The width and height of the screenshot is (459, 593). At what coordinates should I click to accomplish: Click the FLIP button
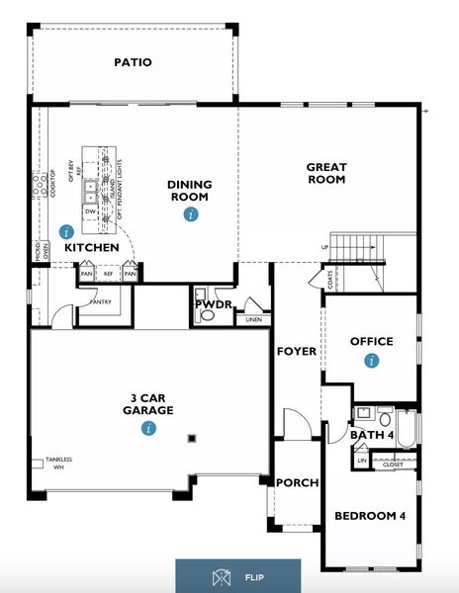pyautogui.click(x=237, y=575)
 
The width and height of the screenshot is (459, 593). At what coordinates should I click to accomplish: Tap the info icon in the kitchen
pyautogui.click(x=67, y=230)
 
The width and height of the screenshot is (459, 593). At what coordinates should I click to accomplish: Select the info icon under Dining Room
pyautogui.click(x=190, y=213)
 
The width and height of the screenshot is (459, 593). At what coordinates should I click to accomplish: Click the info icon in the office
pyautogui.click(x=371, y=362)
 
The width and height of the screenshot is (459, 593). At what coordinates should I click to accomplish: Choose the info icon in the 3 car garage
pyautogui.click(x=147, y=428)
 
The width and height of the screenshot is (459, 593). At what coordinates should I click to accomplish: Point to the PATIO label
pyautogui.click(x=133, y=62)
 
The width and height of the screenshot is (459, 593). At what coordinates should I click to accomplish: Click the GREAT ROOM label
pyautogui.click(x=325, y=173)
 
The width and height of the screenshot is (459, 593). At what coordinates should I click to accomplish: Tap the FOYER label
pyautogui.click(x=296, y=351)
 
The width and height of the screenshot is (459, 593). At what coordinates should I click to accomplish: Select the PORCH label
pyautogui.click(x=298, y=482)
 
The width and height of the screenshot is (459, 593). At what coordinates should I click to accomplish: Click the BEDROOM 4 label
pyautogui.click(x=370, y=515)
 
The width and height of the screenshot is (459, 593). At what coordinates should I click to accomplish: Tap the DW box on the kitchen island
pyautogui.click(x=90, y=211)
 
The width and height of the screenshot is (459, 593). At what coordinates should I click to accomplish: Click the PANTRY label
pyautogui.click(x=100, y=302)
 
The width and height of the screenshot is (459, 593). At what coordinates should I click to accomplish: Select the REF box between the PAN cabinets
pyautogui.click(x=108, y=273)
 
